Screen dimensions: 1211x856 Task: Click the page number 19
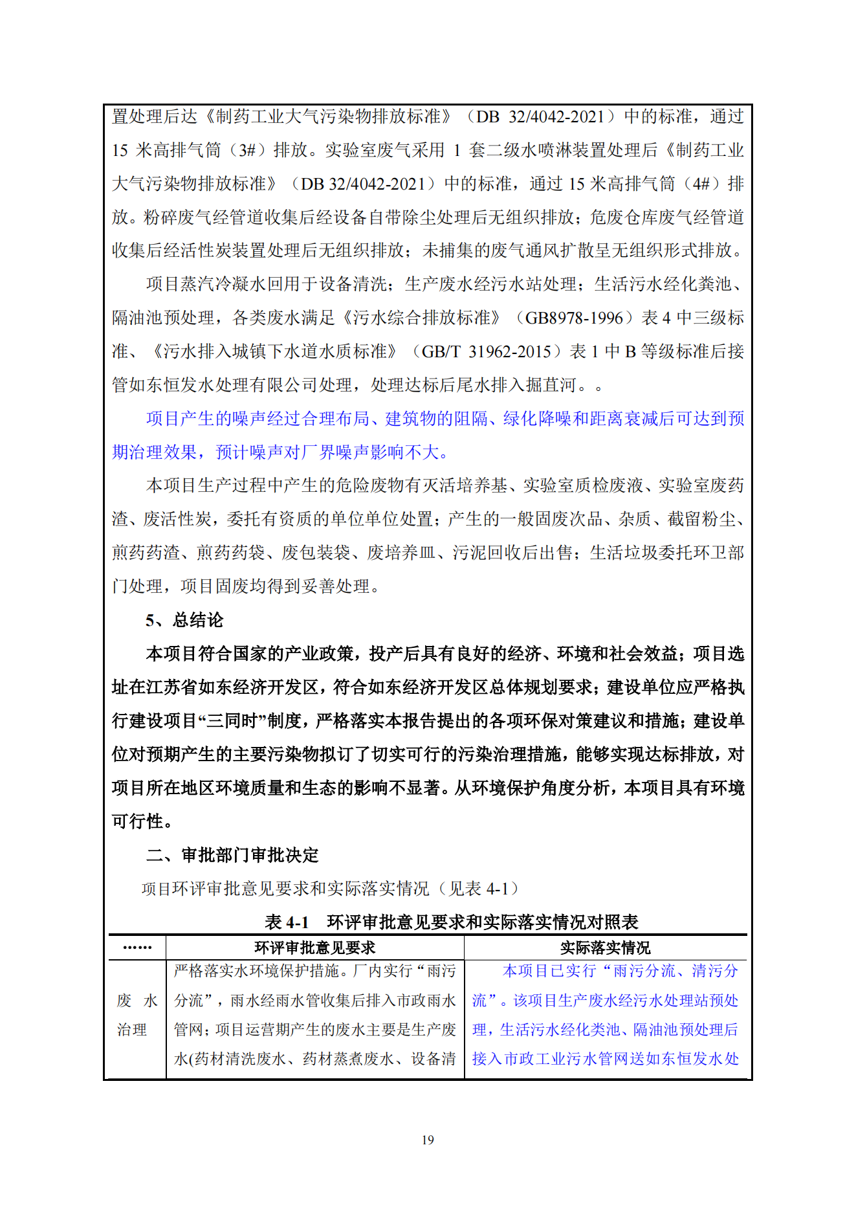pos(428,1140)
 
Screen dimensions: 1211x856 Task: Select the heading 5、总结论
pos(184,620)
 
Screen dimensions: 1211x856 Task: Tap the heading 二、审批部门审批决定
pos(232,855)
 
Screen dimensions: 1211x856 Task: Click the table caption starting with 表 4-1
pos(451,922)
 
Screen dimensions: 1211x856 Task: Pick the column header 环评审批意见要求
pos(314,948)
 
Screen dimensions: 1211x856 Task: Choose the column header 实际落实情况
pos(605,948)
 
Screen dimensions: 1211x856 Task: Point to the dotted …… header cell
pos(137,948)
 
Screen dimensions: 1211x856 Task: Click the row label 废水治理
pos(137,1015)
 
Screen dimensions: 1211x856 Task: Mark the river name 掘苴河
pos(551,385)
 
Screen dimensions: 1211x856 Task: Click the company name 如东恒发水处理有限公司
pos(232,385)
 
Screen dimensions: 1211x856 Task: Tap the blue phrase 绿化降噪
pos(536,419)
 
